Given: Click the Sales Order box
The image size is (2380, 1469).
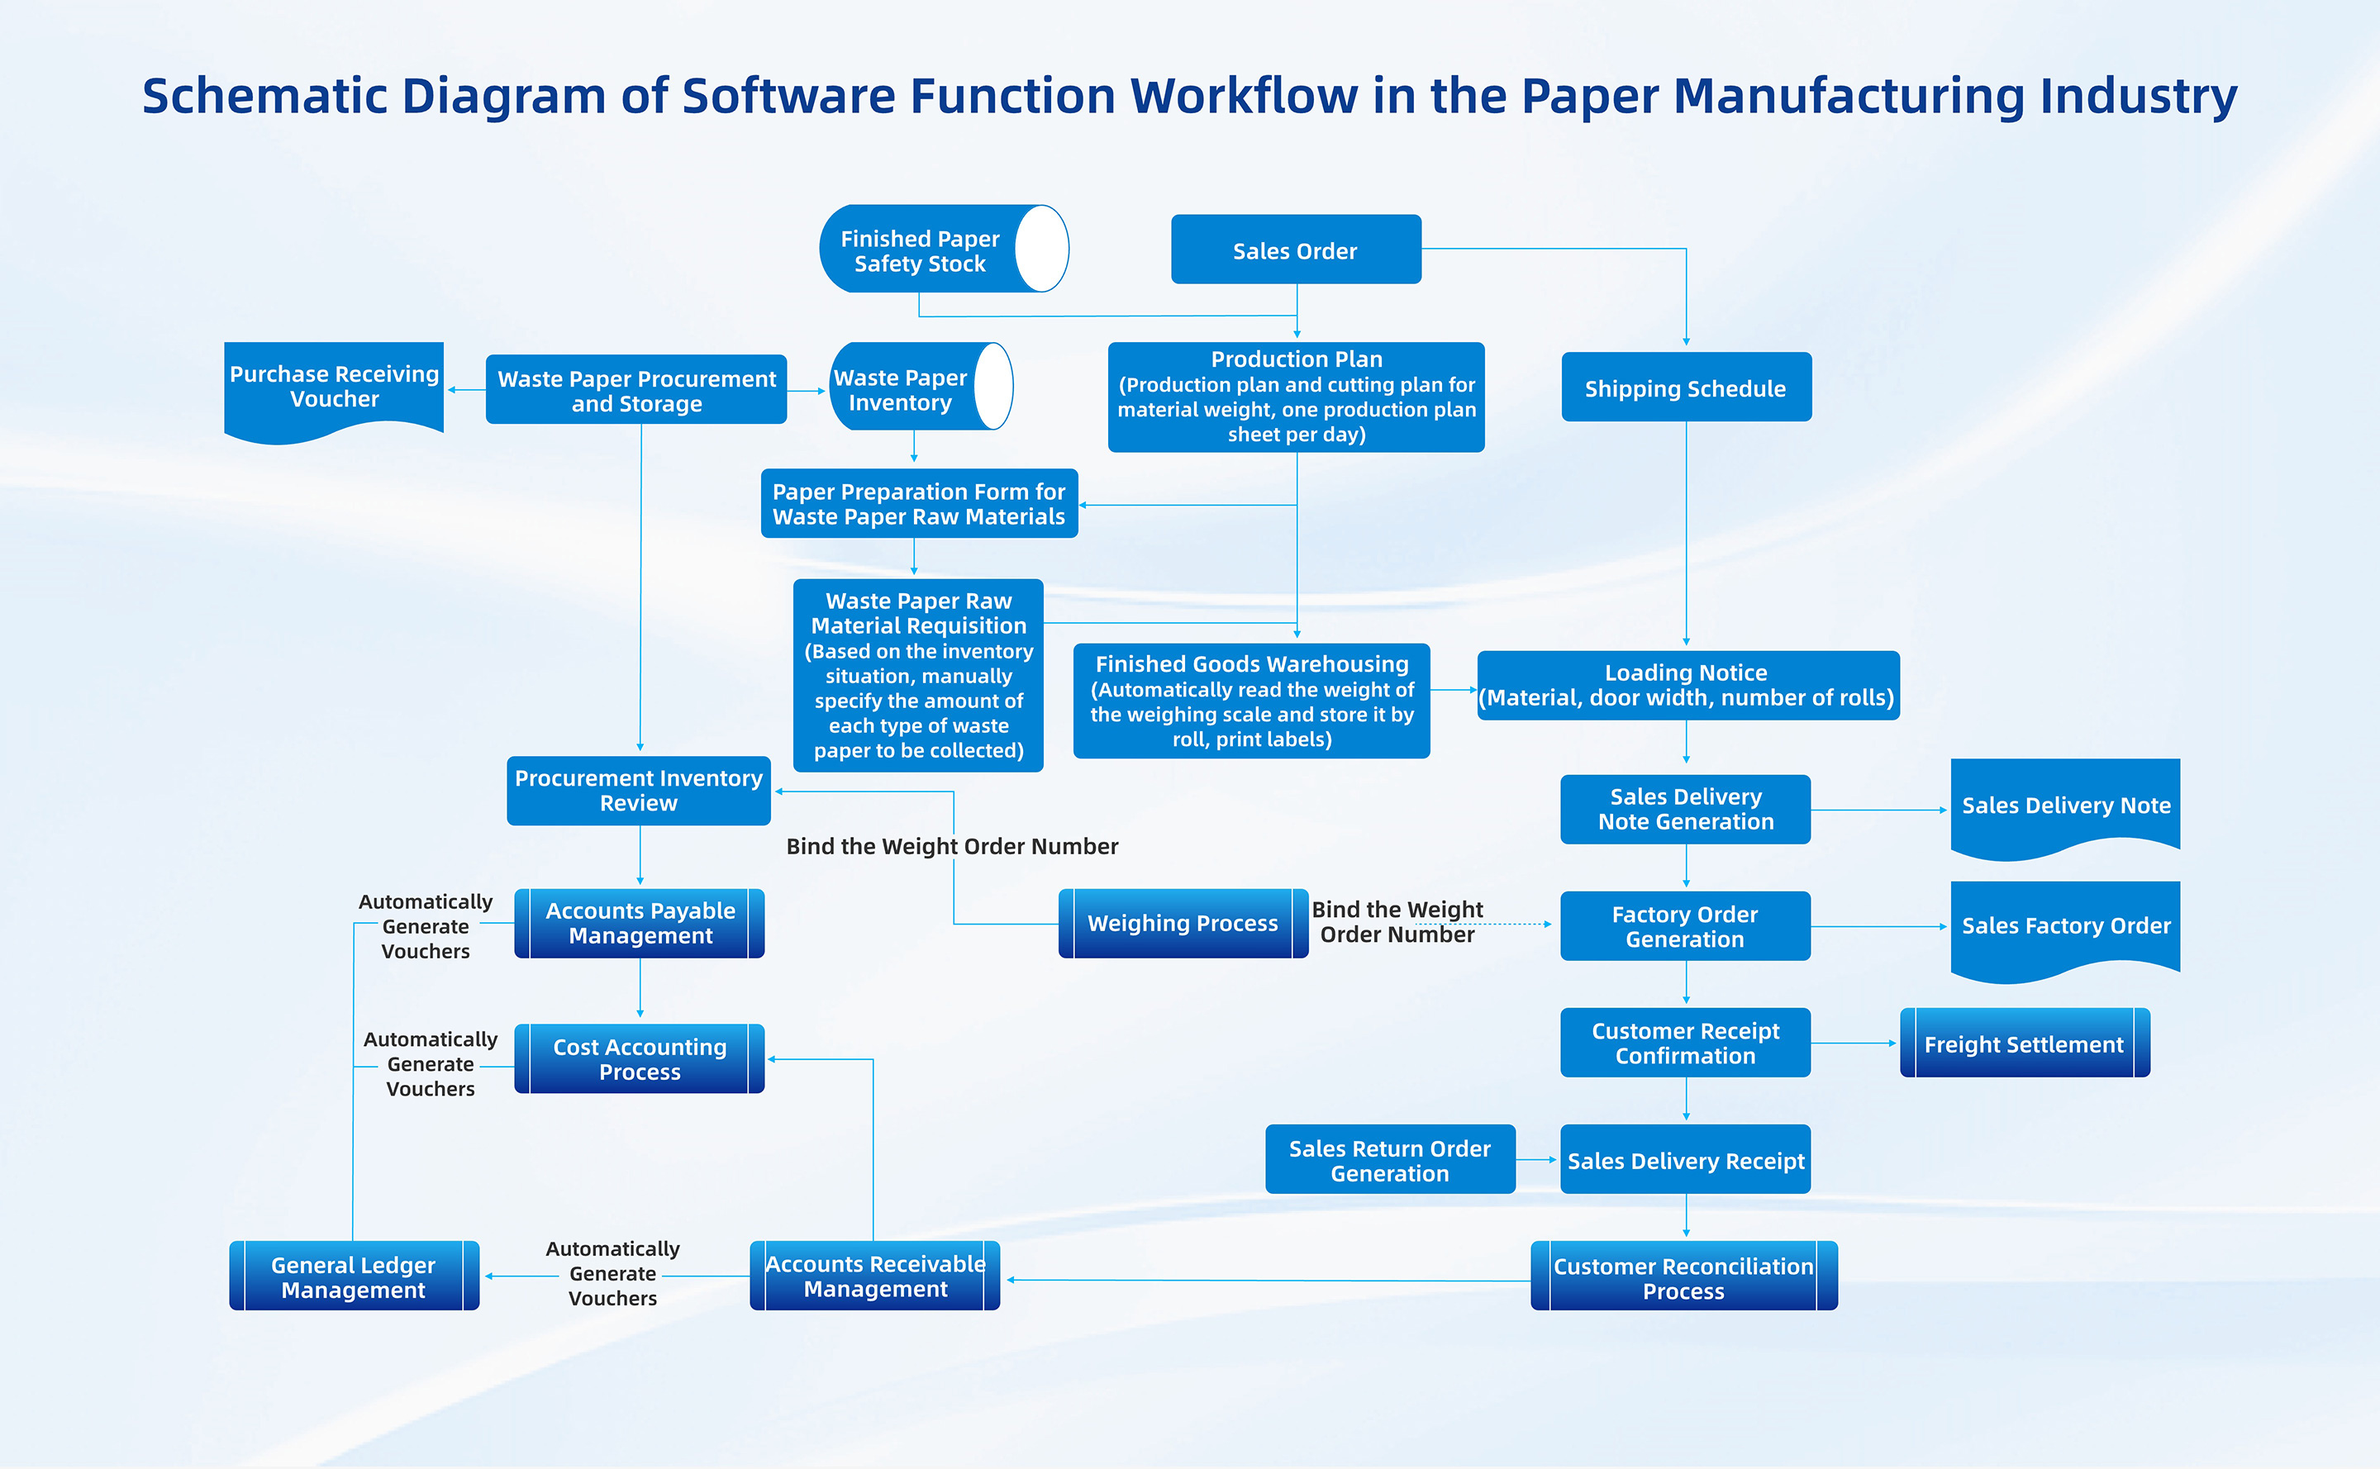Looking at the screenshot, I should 1296,250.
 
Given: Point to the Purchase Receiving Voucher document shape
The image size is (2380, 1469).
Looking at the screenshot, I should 333,387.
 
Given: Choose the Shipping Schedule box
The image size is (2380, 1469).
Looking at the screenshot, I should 1685,387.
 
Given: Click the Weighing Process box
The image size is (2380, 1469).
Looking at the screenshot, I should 1182,923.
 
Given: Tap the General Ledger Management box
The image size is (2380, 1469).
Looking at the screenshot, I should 354,1276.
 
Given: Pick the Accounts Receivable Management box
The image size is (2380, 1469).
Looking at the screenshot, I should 874,1276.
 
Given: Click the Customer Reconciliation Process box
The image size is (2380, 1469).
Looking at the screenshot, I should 1683,1276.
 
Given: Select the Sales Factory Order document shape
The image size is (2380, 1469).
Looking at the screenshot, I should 2065,926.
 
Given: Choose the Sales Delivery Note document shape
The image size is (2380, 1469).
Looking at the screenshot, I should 2065,806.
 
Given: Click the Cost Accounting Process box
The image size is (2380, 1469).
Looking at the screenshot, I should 640,1059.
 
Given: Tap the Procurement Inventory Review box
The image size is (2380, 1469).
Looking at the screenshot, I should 639,791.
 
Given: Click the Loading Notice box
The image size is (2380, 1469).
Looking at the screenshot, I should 1687,685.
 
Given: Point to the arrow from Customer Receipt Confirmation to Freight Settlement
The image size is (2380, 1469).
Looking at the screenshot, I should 1854,1044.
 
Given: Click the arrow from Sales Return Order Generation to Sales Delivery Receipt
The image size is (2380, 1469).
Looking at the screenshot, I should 1536,1159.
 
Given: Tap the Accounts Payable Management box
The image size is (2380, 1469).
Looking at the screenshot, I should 640,923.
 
